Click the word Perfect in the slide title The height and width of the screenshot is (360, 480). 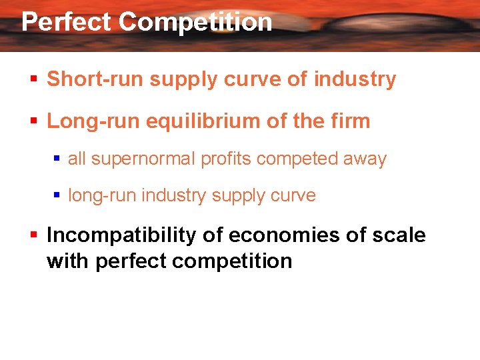click(x=66, y=22)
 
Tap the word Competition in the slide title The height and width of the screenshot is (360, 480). click(x=195, y=22)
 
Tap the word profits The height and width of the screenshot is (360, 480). click(x=225, y=159)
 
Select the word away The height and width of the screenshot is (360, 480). click(x=365, y=159)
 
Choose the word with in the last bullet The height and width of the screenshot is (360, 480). click(x=67, y=261)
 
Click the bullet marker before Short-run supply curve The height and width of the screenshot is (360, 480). click(x=33, y=80)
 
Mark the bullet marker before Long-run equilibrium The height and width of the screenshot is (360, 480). click(x=33, y=122)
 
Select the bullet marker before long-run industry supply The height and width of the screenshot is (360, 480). click(x=57, y=196)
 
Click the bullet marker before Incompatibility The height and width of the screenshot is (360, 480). click(x=33, y=236)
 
